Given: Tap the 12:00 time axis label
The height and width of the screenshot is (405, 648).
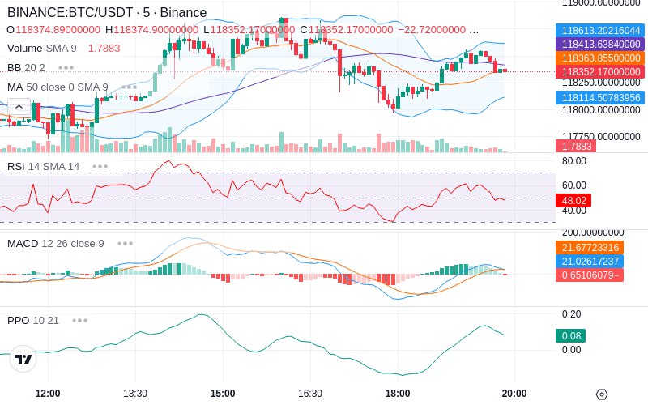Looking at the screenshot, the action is tap(48, 393).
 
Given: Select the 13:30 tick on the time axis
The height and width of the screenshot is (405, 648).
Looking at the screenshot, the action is tap(135, 393).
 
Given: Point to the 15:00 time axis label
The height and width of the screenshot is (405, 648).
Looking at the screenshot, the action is tap(223, 393).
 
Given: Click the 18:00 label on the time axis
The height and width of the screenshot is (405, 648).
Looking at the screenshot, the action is tap(398, 393).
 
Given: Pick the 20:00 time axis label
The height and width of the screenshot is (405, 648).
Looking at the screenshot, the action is tap(514, 393).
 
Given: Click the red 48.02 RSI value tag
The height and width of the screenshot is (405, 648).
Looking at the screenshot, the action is tap(573, 200).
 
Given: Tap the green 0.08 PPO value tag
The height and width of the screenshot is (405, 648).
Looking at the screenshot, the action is tap(571, 335).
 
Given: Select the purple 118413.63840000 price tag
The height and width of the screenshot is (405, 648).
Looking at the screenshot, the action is tap(600, 45).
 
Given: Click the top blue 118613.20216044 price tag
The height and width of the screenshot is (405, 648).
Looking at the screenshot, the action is tap(600, 31).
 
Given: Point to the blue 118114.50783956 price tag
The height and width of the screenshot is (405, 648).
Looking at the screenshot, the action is tap(600, 98).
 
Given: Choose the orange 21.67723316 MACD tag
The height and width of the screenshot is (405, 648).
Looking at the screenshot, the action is tap(590, 248).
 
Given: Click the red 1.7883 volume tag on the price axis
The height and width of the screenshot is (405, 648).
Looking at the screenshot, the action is tap(576, 146).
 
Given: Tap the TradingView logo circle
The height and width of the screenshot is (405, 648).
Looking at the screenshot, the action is tap(23, 359).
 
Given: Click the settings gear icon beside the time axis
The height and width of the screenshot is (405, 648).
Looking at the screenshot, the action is tap(602, 394).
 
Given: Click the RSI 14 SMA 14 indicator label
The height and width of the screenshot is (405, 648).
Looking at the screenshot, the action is tap(44, 167).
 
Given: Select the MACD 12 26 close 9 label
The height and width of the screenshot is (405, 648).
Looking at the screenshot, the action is tap(56, 244).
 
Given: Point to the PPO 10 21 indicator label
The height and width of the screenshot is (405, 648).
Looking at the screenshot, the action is tap(33, 320).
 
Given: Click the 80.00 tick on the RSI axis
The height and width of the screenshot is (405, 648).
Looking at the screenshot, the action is tap(574, 160).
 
